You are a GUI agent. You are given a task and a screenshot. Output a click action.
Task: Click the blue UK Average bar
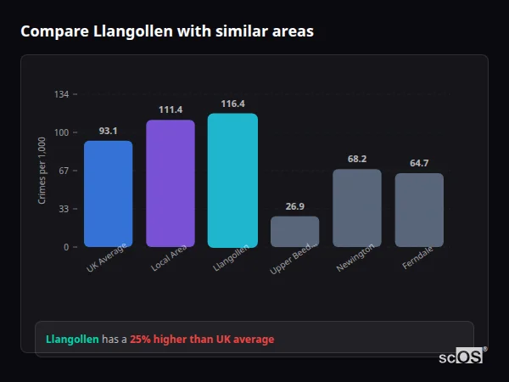click(x=108, y=194)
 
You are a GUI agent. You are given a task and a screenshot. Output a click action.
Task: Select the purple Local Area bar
click(x=170, y=183)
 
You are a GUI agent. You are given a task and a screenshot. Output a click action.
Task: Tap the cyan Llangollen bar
click(x=232, y=180)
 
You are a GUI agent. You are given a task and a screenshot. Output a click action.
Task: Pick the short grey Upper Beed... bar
click(x=294, y=231)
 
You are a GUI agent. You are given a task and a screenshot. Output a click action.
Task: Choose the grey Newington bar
click(x=356, y=208)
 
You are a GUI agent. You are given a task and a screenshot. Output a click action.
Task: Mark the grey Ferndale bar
click(x=419, y=210)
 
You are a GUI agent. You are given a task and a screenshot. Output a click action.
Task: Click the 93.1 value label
click(x=108, y=131)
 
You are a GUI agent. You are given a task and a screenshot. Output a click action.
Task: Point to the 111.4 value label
click(x=171, y=110)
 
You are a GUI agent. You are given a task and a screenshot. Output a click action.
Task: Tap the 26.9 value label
click(x=294, y=206)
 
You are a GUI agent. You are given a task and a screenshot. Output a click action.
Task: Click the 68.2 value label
click(x=357, y=159)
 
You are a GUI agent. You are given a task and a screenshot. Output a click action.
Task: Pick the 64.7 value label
click(x=419, y=163)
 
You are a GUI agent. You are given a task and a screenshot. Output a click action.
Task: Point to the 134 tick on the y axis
click(x=61, y=94)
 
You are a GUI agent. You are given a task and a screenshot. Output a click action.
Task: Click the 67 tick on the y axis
click(x=64, y=171)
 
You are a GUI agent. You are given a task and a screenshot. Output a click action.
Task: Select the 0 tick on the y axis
click(x=66, y=247)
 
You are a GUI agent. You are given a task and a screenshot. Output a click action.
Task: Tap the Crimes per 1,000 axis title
click(x=42, y=171)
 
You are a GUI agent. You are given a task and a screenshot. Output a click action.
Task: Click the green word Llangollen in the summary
click(x=72, y=340)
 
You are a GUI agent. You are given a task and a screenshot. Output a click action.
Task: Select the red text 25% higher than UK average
click(x=202, y=340)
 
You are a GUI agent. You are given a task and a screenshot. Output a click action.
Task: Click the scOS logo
click(x=461, y=357)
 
